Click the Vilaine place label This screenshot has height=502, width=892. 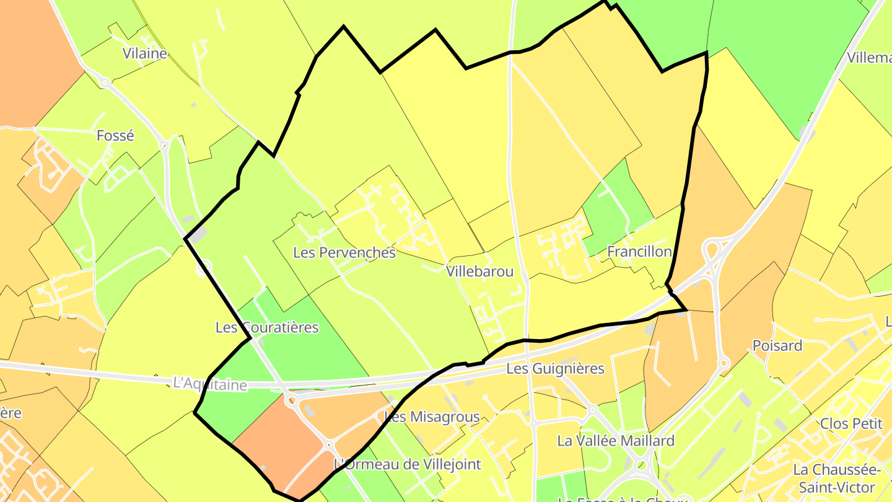tap(145, 53)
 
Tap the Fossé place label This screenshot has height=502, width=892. tap(115, 135)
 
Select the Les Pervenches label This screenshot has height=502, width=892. tap(344, 252)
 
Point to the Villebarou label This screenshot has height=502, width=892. tap(480, 271)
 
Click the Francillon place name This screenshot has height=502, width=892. tap(639, 252)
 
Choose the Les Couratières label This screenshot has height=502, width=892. tap(267, 327)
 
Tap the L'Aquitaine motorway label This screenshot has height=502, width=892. tap(210, 384)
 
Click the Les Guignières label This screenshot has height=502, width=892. tap(555, 369)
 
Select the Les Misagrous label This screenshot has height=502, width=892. tap(432, 416)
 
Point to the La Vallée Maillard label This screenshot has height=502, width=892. tap(616, 441)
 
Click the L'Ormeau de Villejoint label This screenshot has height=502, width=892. tap(407, 464)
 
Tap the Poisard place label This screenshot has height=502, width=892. tap(777, 346)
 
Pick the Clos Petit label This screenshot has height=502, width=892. tap(850, 424)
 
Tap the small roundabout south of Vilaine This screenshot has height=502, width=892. tap(106, 82)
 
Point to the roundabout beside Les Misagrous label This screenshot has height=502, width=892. tap(328, 444)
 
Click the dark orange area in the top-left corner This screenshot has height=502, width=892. tap(31, 56)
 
